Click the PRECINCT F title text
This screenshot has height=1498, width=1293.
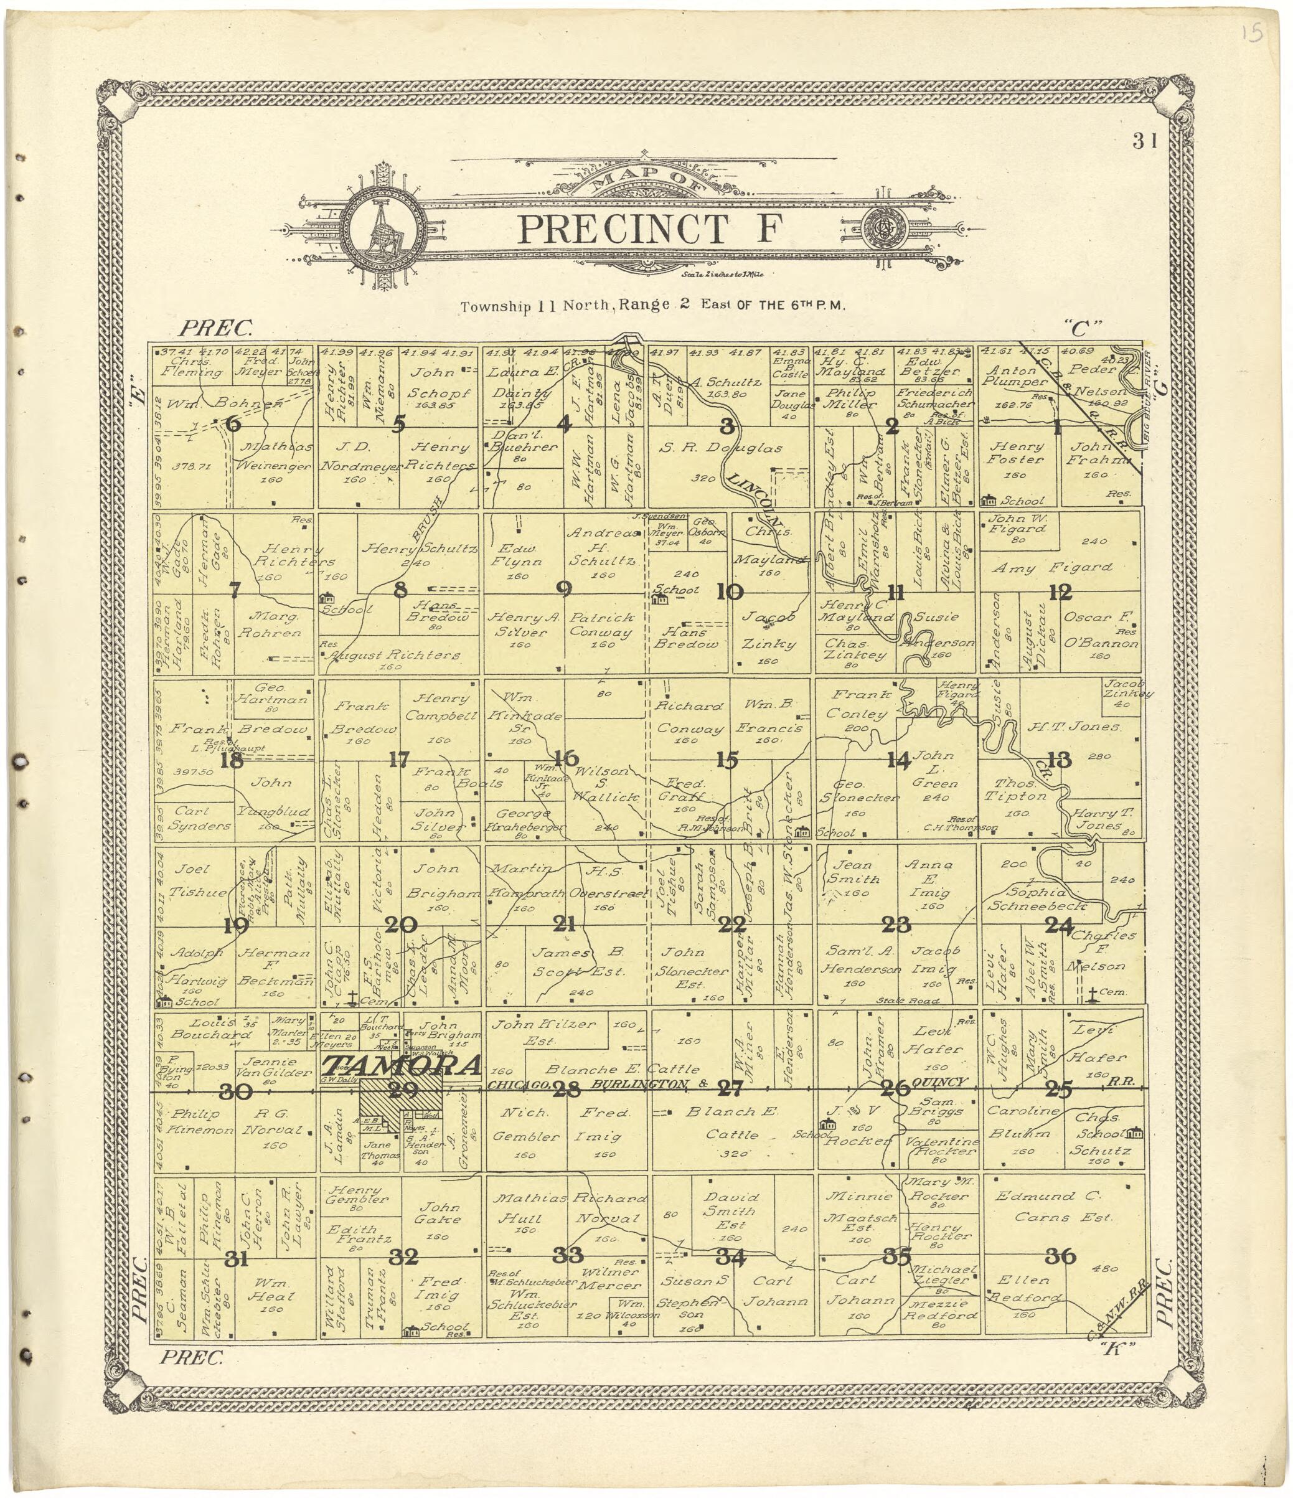pyautogui.click(x=651, y=229)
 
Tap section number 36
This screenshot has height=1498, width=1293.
pyautogui.click(x=1060, y=1256)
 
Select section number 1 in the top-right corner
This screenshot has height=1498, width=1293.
pyautogui.click(x=1056, y=428)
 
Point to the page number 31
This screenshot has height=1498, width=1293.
pyautogui.click(x=1145, y=142)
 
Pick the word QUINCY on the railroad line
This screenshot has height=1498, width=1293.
pyautogui.click(x=939, y=1082)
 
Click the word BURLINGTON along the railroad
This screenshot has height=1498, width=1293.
pyautogui.click(x=637, y=1084)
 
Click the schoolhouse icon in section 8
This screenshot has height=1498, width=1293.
pyautogui.click(x=327, y=597)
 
